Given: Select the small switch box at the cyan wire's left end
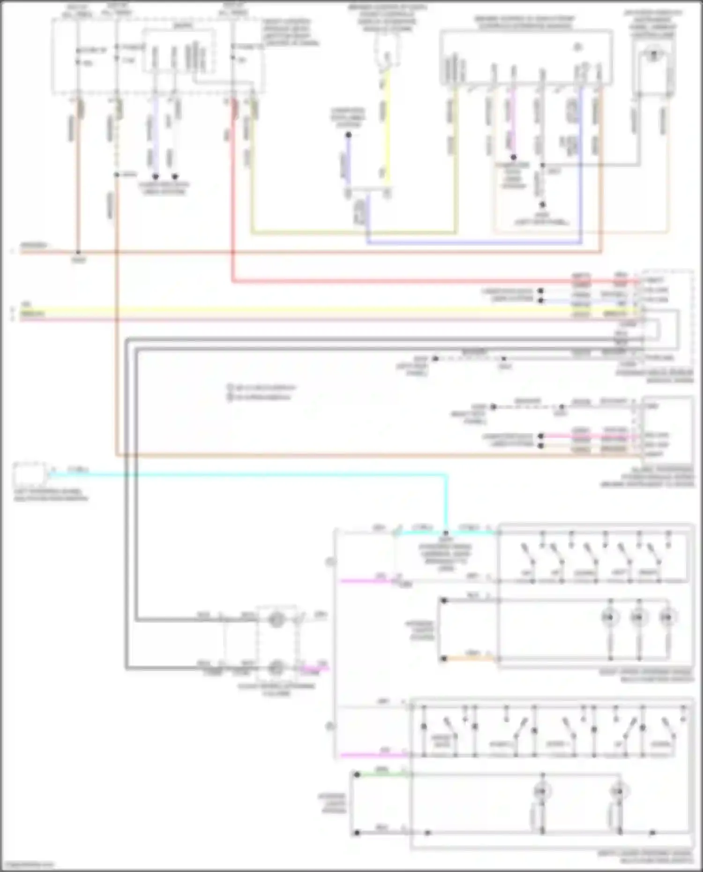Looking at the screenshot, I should [x=29, y=474].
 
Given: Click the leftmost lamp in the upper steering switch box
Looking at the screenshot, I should [x=610, y=618].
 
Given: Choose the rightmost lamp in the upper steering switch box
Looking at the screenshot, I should [x=667, y=618].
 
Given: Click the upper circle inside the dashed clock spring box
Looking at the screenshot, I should [x=276, y=620].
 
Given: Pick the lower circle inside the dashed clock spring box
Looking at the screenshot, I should [x=276, y=667].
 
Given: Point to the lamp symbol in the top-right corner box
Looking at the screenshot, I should [x=653, y=55].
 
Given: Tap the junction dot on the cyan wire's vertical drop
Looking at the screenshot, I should [x=446, y=533].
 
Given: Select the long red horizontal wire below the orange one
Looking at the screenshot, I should [x=422, y=281].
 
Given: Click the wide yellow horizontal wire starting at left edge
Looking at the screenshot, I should [x=281, y=311].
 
